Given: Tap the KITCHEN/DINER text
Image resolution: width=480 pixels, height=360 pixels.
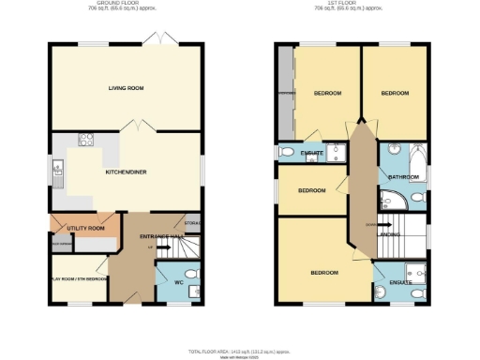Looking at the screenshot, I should [x=126, y=172].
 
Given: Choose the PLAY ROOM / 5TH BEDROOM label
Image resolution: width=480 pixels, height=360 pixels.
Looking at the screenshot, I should [x=77, y=279].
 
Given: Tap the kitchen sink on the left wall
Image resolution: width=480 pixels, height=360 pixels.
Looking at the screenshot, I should [x=58, y=171].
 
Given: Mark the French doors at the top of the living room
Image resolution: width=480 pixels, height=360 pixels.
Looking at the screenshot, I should [x=155, y=41].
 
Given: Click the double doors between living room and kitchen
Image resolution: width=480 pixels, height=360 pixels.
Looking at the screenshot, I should [x=139, y=126].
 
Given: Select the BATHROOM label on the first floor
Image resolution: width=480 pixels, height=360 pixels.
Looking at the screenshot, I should [x=403, y=176].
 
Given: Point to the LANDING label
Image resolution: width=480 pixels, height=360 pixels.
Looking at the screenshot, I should [x=387, y=236].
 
